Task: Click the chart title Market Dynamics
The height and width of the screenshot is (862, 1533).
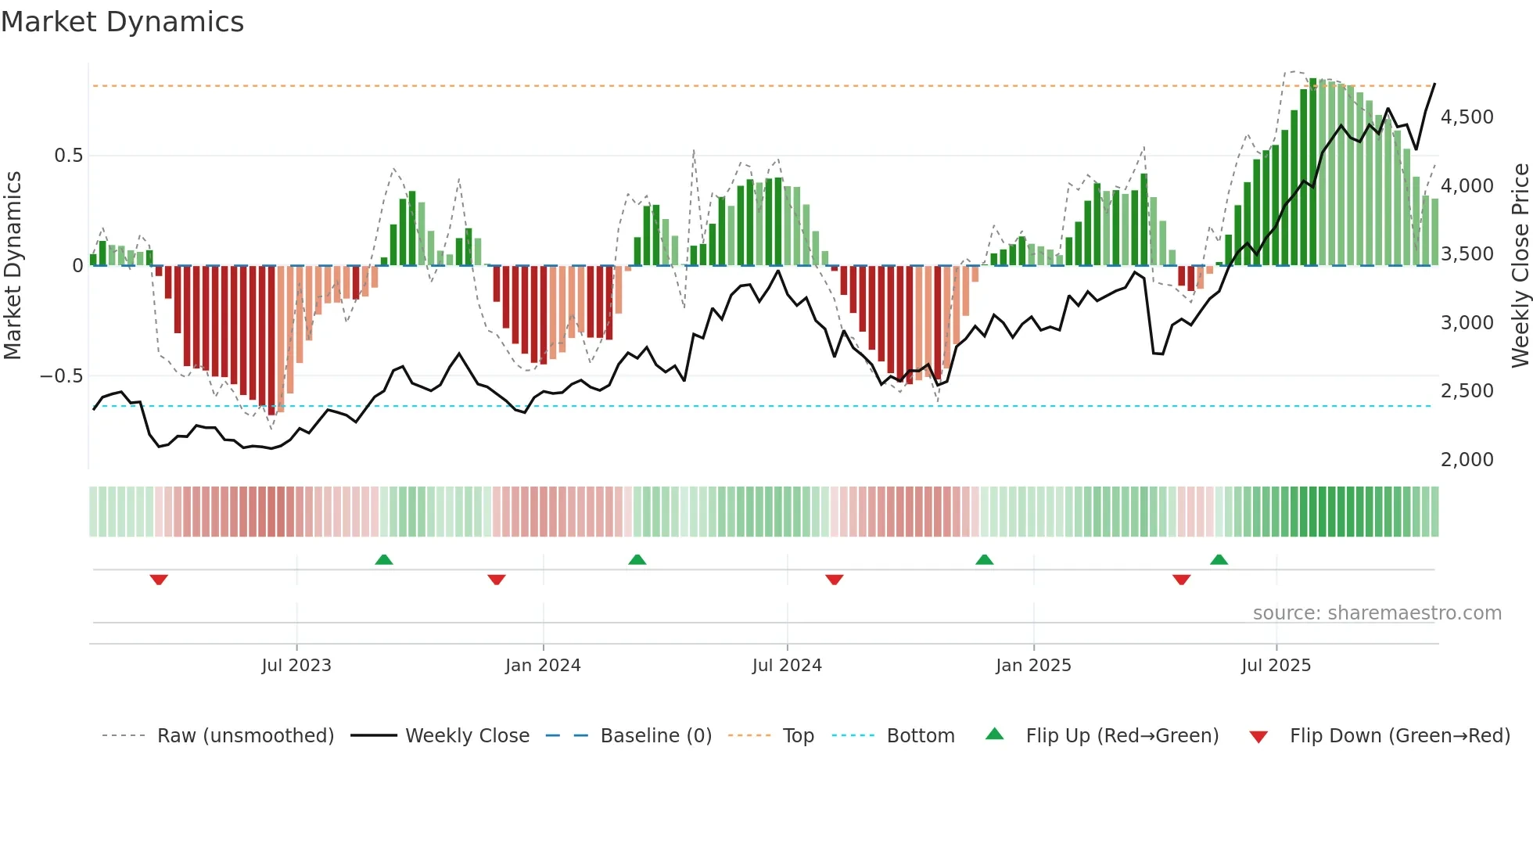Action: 122,22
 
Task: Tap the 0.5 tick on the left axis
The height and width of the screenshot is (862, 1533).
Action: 68,156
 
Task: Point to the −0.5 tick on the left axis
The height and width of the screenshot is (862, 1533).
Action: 62,376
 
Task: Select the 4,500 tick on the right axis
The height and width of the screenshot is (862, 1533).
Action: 1467,117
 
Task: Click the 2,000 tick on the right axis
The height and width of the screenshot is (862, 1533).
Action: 1467,460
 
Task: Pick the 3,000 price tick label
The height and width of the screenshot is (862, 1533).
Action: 1467,323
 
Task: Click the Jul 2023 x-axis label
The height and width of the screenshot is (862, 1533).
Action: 296,666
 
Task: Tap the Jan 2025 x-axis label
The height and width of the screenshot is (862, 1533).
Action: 1033,666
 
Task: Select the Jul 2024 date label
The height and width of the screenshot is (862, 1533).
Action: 787,666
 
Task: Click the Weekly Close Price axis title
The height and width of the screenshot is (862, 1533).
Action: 1520,266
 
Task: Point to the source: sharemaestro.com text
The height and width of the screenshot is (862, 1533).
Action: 1377,613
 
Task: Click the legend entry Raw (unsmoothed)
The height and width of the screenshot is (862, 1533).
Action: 245,736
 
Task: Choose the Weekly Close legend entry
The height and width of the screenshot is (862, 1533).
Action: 467,736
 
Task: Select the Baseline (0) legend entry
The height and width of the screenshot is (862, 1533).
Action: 655,736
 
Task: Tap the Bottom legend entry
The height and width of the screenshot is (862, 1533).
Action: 920,736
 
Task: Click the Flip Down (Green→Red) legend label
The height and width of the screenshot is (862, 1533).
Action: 1399,736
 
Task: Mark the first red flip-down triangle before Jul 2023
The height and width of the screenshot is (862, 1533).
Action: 159,580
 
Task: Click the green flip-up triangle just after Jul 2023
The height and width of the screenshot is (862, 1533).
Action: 383,560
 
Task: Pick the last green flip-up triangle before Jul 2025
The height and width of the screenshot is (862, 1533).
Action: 1219,560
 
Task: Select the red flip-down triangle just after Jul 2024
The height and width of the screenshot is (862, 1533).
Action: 834,580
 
